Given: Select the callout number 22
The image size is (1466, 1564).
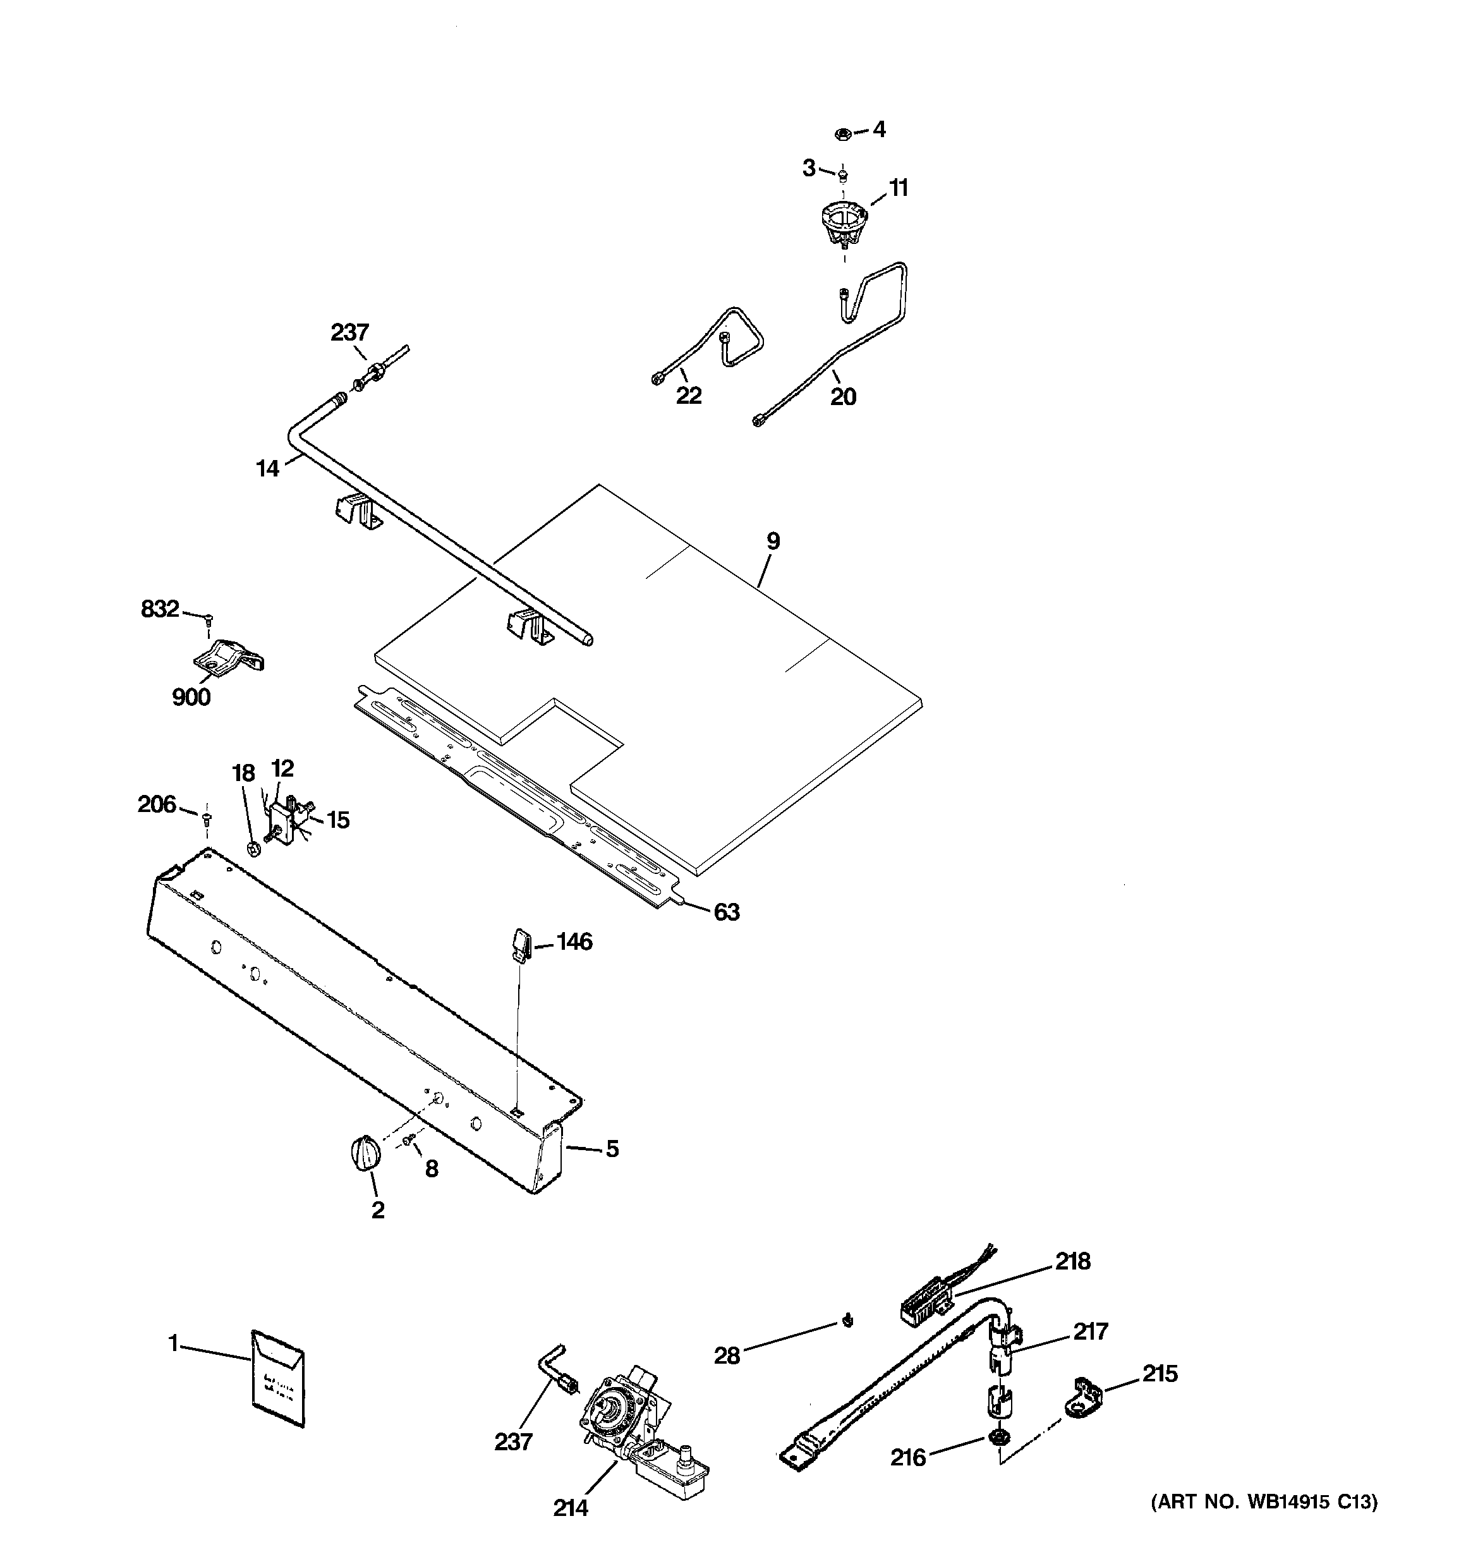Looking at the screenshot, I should point(689,396).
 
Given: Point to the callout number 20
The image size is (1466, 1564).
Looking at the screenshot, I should point(843,396).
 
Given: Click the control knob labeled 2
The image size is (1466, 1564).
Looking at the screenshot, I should point(363,1153).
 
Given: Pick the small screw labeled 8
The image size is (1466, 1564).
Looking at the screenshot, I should point(408,1140).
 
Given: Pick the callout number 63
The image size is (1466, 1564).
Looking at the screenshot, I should point(726,912).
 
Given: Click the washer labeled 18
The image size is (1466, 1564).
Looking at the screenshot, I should point(254,848).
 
